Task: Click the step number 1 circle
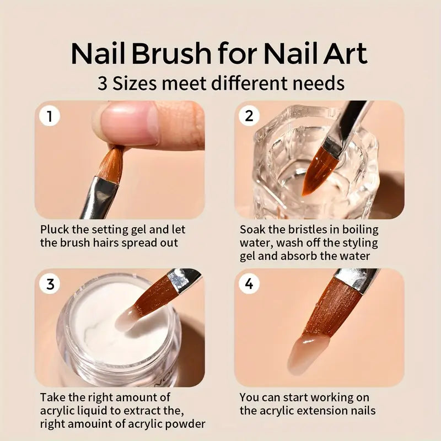click(x=50, y=116)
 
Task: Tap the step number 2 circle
click(x=249, y=116)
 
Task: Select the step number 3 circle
click(x=50, y=284)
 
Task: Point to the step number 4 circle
click(x=249, y=284)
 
